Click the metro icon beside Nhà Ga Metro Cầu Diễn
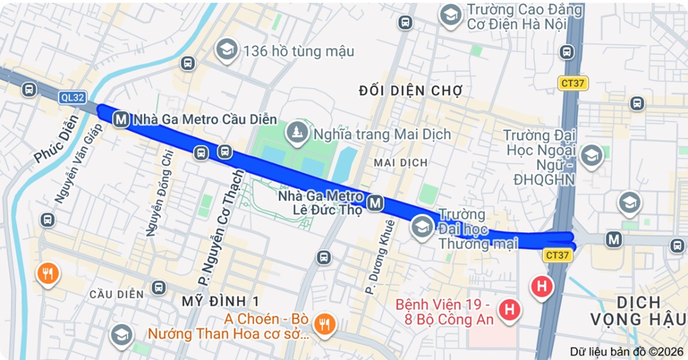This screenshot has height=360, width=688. pyautogui.click(x=121, y=120)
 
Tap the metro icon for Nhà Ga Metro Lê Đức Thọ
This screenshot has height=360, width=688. pyautogui.click(x=375, y=204)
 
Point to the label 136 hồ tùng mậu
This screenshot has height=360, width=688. pyautogui.click(x=298, y=52)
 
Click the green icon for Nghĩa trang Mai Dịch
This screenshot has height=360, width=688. pyautogui.click(x=297, y=133)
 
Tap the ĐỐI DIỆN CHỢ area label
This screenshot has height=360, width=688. pyautogui.click(x=410, y=90)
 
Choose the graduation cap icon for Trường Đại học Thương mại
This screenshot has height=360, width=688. pyautogui.click(x=422, y=227)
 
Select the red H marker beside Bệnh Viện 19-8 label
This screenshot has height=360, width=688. pyautogui.click(x=507, y=309)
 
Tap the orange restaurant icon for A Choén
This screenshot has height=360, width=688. pyautogui.click(x=324, y=324)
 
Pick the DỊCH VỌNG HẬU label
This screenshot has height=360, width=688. pyautogui.click(x=639, y=311)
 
